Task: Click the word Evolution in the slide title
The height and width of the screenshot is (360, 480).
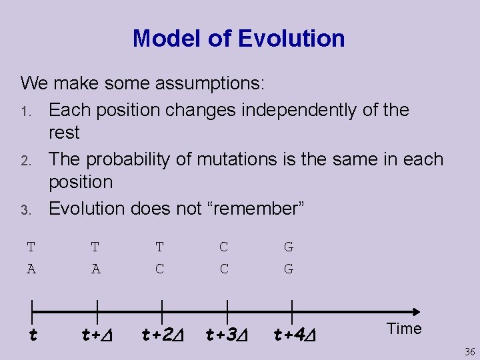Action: (291, 39)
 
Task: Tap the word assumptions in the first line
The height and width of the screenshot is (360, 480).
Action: (209, 83)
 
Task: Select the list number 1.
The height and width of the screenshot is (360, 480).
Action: (25, 111)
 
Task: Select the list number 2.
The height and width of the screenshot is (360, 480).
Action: (25, 160)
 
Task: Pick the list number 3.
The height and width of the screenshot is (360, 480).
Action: (25, 209)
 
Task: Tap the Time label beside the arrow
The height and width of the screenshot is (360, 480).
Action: (403, 329)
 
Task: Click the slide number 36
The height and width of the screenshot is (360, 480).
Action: (469, 352)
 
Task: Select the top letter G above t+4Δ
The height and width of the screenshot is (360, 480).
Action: (289, 247)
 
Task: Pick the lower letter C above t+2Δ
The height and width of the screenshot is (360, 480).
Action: (160, 269)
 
